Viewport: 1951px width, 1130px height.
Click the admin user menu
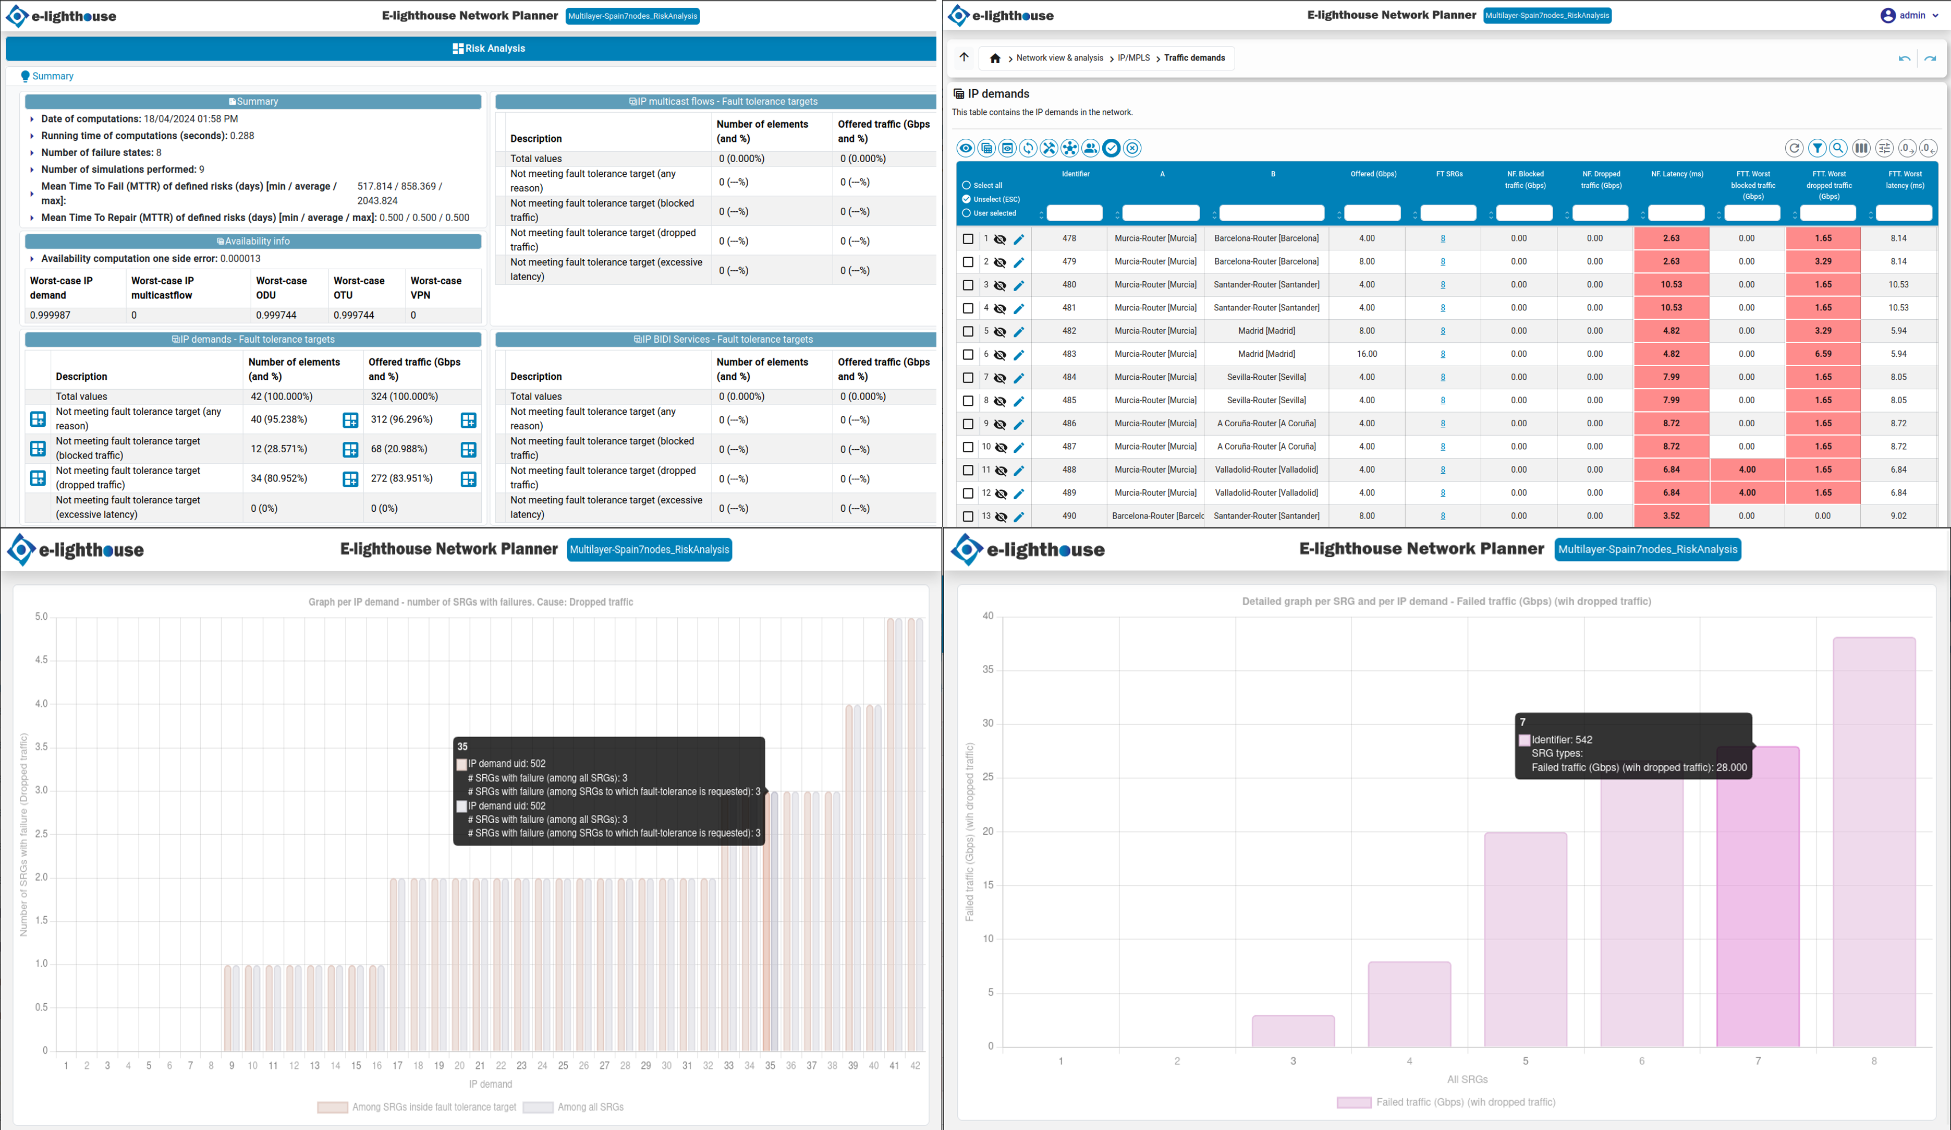[x=1909, y=16]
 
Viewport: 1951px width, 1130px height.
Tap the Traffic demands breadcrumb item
[x=1194, y=58]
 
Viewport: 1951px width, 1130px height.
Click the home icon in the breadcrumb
[x=995, y=58]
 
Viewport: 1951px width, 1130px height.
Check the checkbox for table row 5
[x=968, y=331]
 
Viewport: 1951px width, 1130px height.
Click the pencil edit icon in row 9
[x=1019, y=425]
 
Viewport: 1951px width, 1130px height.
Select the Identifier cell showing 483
[x=1069, y=354]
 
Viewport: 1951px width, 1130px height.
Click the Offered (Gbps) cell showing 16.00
[x=1367, y=354]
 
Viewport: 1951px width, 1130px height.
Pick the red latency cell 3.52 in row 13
[x=1672, y=516]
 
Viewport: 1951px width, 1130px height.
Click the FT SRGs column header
[x=1449, y=174]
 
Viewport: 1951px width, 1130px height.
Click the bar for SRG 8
[x=1874, y=842]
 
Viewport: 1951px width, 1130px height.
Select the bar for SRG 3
[x=1293, y=1031]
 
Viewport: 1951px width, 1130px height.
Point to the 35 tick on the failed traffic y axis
[x=988, y=670]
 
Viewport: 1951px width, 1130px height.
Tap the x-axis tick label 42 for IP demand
[x=915, y=1066]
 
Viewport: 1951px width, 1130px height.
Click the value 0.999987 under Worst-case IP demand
[x=51, y=315]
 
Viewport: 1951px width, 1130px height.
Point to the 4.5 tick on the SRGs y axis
[x=41, y=660]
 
